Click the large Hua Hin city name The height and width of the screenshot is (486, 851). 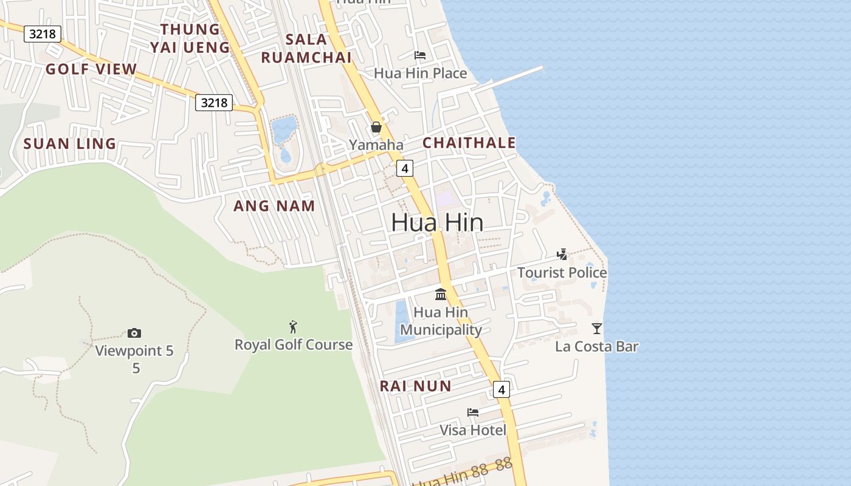tap(437, 222)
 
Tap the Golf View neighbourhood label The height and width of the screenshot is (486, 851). tap(91, 69)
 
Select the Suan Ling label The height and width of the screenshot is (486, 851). tap(70, 144)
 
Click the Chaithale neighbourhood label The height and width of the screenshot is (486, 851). tap(469, 143)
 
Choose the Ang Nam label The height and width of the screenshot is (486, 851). tap(274, 206)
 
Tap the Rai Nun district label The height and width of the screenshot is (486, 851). tap(416, 386)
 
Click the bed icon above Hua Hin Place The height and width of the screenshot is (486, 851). tap(420, 55)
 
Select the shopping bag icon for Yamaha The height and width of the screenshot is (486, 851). tap(376, 127)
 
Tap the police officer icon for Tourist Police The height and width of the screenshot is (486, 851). tap(562, 255)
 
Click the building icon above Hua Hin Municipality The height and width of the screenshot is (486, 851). tap(441, 295)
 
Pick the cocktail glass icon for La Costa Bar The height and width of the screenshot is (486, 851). tap(597, 329)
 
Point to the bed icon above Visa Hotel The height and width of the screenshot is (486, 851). tap(473, 412)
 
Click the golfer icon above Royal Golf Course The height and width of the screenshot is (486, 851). tap(294, 327)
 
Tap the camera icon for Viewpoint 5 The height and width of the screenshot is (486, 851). tap(134, 333)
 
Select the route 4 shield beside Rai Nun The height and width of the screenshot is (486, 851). tap(500, 389)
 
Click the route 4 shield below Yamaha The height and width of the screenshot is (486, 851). tap(405, 168)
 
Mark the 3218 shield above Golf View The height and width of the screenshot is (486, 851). tap(43, 33)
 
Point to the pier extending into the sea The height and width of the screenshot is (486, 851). tap(517, 76)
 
